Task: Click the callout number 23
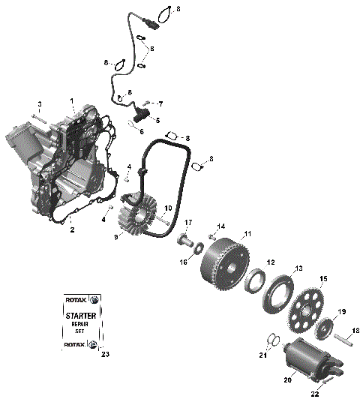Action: coord(105,354)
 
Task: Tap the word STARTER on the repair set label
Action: coord(78,317)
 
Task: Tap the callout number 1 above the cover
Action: coord(73,100)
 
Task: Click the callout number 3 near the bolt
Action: coord(40,103)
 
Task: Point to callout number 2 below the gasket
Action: coord(72,230)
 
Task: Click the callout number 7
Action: coord(159,103)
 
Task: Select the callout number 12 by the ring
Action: coord(271,262)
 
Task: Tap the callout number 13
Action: coord(298,268)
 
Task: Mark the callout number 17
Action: coord(189,222)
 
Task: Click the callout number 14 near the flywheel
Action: coord(221,226)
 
